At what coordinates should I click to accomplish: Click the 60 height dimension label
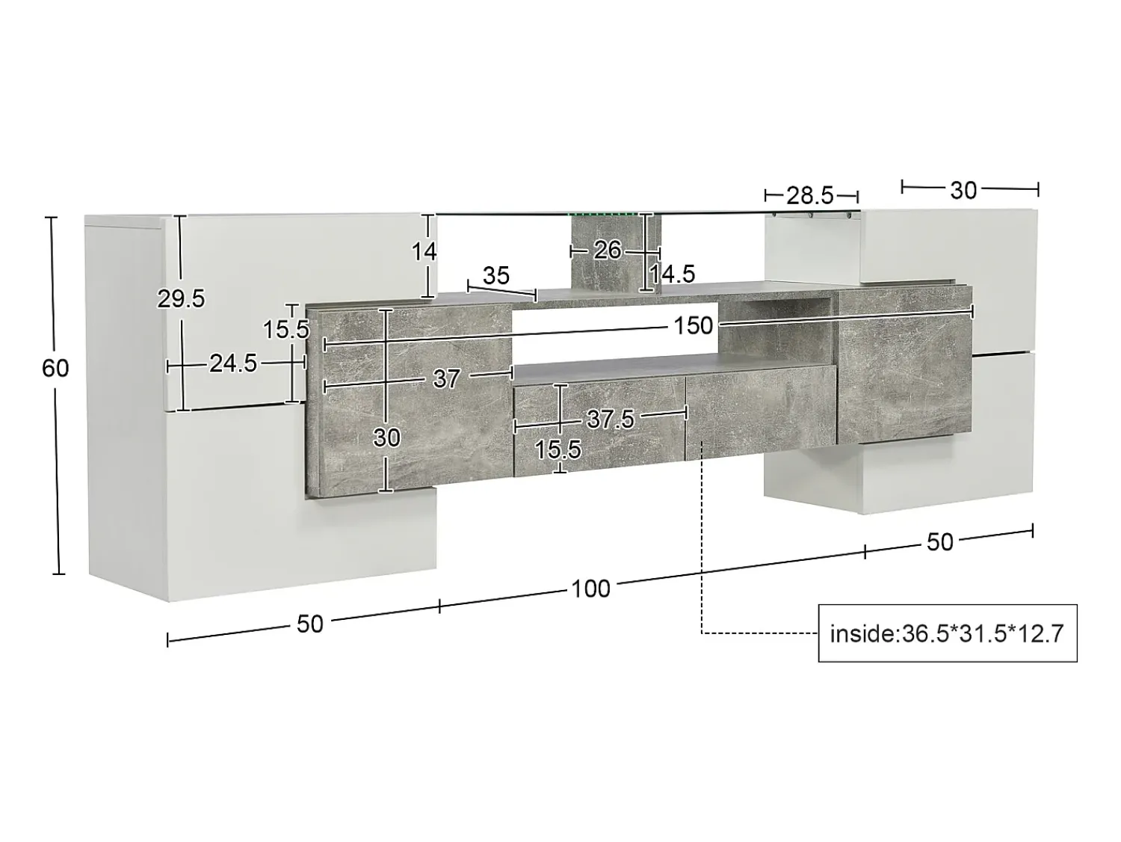click(55, 369)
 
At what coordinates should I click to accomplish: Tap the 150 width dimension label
click(693, 325)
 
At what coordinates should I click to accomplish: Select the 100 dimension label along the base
click(590, 589)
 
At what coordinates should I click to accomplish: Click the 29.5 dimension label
click(181, 299)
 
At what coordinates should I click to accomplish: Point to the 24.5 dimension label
click(233, 363)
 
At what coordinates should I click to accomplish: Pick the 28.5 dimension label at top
click(810, 196)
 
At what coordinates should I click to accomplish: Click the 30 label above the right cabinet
click(963, 191)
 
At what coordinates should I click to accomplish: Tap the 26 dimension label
click(608, 251)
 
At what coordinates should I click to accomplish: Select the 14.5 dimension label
click(672, 274)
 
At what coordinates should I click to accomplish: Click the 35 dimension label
click(496, 276)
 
